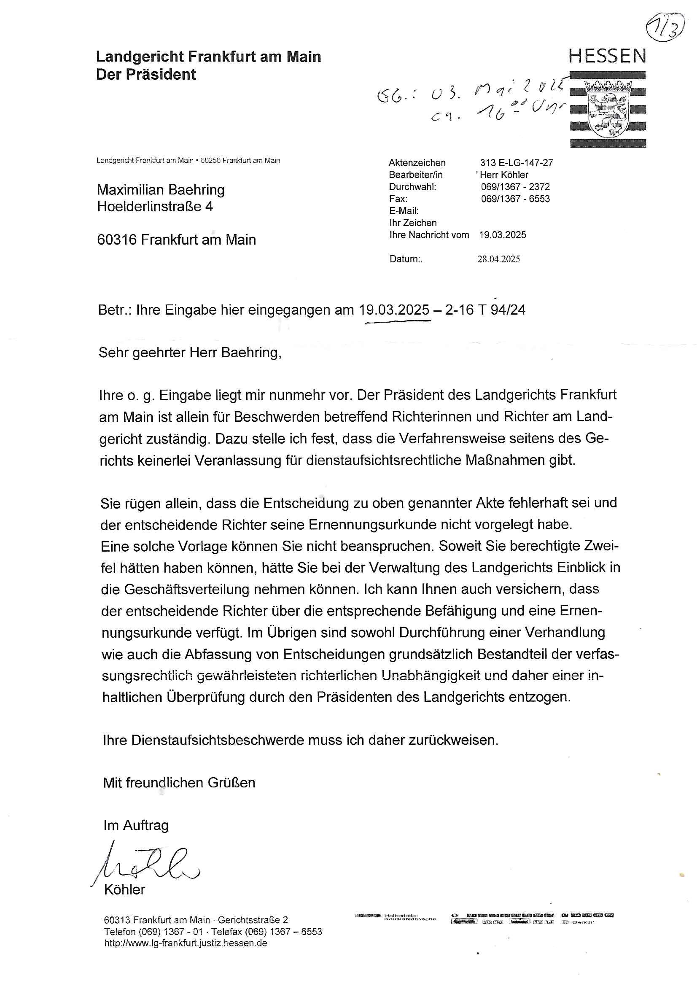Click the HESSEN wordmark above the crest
(x=607, y=56)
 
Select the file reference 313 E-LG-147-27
(x=516, y=163)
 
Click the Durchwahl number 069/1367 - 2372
(x=515, y=187)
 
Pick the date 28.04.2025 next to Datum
(x=498, y=259)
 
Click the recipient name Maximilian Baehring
(x=161, y=190)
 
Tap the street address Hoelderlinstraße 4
(x=155, y=207)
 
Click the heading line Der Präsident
(x=146, y=75)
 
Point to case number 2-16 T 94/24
(x=485, y=310)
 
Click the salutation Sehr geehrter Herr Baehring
(x=190, y=353)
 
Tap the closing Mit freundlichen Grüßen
(x=179, y=782)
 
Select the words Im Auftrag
(x=136, y=825)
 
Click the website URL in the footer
(x=186, y=943)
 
